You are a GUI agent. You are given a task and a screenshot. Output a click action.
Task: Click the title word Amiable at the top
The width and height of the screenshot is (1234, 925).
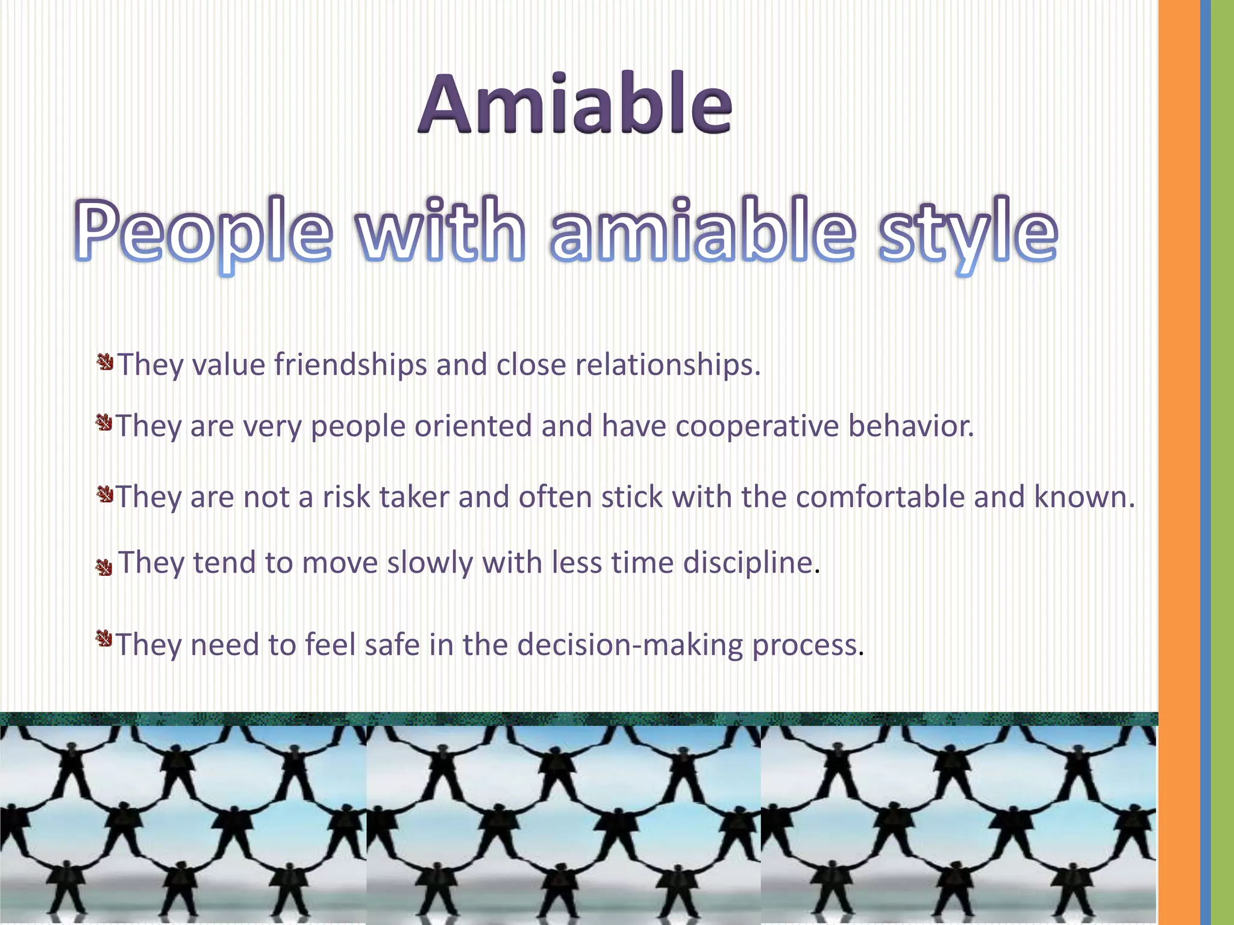click(x=575, y=104)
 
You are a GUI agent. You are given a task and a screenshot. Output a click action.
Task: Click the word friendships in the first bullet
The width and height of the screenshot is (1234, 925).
click(x=351, y=365)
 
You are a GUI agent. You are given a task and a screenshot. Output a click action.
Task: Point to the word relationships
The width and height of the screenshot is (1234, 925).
click(x=668, y=365)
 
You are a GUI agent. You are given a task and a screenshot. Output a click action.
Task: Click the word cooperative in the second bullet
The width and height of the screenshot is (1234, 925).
click(x=757, y=426)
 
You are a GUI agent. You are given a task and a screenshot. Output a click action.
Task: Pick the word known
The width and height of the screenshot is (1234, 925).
click(x=1084, y=497)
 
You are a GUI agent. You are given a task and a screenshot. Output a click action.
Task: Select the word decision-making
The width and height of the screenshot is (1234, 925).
click(x=630, y=645)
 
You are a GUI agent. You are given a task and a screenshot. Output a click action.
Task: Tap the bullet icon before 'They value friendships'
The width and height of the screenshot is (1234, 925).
click(x=105, y=362)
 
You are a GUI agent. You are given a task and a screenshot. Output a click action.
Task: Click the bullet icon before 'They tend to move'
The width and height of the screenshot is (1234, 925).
click(x=104, y=567)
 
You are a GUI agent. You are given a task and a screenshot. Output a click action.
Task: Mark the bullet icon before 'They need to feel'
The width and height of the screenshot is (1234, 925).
click(x=104, y=638)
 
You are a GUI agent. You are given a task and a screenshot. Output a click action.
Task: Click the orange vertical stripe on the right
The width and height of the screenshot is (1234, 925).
click(x=1179, y=462)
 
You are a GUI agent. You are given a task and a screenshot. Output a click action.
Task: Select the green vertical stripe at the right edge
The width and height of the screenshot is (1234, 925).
click(x=1223, y=462)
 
